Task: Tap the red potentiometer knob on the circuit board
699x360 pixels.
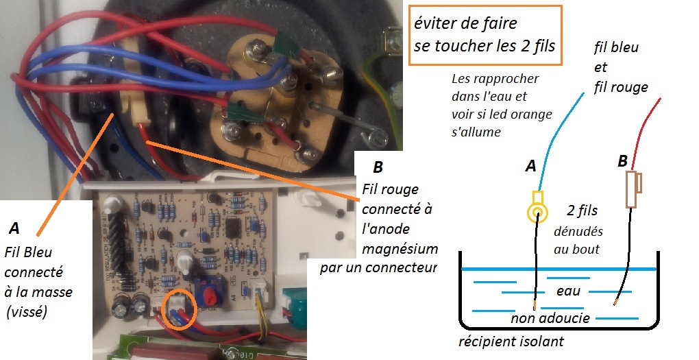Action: (209, 298)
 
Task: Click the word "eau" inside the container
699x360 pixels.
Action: (569, 291)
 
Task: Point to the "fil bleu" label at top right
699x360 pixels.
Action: (617, 48)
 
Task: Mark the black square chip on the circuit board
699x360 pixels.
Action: (231, 226)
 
